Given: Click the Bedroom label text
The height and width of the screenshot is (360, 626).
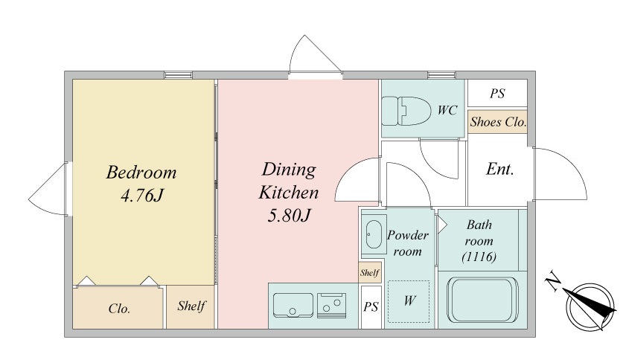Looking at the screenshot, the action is (x=141, y=173).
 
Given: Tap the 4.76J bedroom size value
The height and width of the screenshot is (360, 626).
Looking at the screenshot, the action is (x=142, y=196).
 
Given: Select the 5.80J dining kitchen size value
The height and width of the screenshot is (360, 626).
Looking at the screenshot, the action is (x=289, y=216).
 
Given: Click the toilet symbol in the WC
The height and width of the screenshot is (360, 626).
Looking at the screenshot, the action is (x=406, y=111).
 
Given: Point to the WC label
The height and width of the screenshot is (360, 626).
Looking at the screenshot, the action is (x=447, y=110).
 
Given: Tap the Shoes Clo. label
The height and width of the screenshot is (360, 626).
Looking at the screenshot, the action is (x=498, y=122).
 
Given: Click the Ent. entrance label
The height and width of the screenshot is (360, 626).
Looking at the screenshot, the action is (x=500, y=170).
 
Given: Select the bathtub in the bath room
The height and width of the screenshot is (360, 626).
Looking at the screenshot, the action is (x=482, y=300).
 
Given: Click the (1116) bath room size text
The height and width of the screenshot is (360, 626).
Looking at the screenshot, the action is (x=479, y=257).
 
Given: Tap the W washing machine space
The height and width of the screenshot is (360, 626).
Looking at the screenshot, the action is (x=409, y=301).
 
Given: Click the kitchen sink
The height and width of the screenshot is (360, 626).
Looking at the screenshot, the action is (x=293, y=305).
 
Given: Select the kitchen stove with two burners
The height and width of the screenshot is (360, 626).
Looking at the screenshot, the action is (x=331, y=305).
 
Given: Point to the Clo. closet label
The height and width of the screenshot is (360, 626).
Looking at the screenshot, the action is (x=119, y=309).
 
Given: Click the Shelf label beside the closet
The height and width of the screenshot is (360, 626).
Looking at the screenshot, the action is (x=191, y=306).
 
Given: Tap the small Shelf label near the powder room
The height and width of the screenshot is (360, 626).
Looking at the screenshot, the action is (x=369, y=272).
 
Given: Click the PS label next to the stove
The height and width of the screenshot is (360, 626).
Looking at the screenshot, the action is (x=371, y=306).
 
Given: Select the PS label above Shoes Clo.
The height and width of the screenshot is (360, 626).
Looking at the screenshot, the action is (x=497, y=94).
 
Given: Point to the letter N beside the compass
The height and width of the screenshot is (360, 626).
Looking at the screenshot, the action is (x=553, y=280).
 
